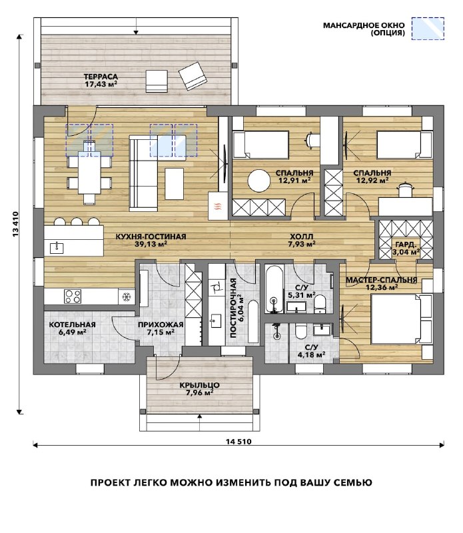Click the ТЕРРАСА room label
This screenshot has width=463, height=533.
(101, 77)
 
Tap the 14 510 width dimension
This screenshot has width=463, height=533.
(238, 442)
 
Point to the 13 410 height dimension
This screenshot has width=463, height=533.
(15, 225)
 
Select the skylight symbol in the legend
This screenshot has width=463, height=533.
(428, 29)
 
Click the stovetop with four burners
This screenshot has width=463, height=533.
(73, 296)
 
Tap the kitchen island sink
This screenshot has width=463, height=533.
(57, 247)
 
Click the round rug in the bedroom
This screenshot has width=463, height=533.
(259, 181)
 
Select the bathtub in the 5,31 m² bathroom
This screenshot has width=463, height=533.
(274, 289)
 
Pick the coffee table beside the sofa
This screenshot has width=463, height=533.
(174, 184)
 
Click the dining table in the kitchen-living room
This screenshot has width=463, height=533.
(89, 173)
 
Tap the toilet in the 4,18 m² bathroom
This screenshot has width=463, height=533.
(301, 331)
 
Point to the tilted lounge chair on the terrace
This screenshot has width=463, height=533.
(193, 76)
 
